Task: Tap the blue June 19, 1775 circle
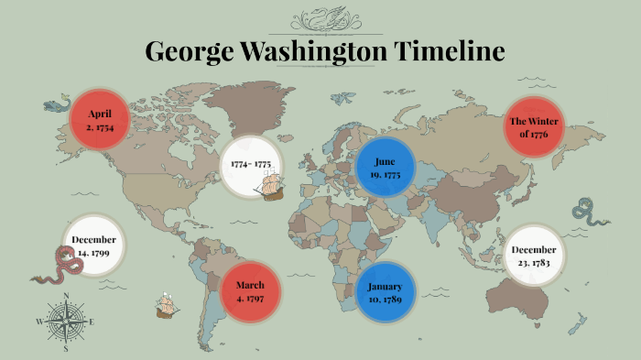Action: (x=386, y=167)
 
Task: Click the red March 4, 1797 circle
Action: (x=249, y=290)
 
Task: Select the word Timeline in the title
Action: (x=450, y=51)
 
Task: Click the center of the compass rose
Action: (x=66, y=321)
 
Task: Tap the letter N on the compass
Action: (x=66, y=295)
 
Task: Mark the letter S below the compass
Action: (x=66, y=348)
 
